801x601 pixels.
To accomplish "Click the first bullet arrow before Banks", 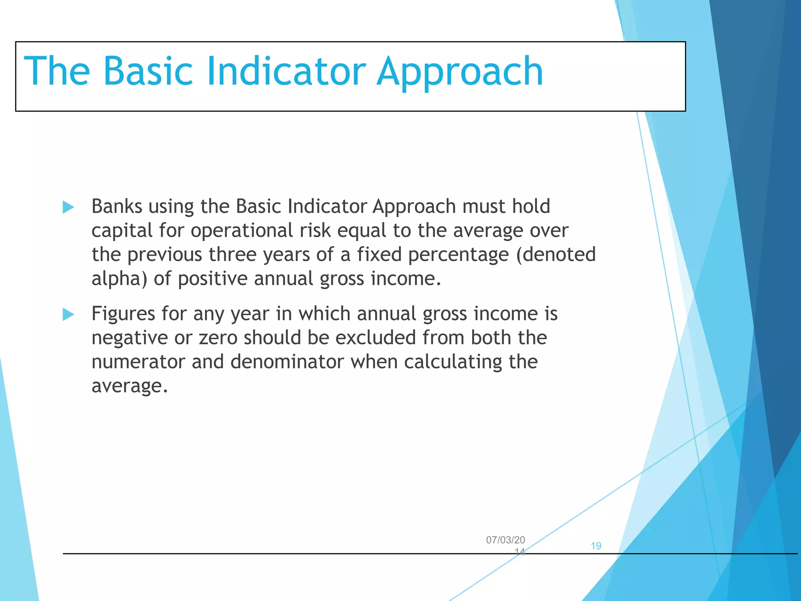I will [68, 207].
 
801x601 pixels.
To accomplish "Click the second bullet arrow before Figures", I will [68, 314].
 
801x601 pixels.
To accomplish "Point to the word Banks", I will [117, 206].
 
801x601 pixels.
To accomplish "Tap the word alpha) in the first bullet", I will [119, 279].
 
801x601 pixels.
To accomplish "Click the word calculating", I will [453, 362].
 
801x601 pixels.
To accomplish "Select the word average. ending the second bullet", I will [129, 386].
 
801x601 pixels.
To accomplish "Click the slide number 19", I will [596, 546].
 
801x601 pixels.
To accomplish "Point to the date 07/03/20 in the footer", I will [505, 540].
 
